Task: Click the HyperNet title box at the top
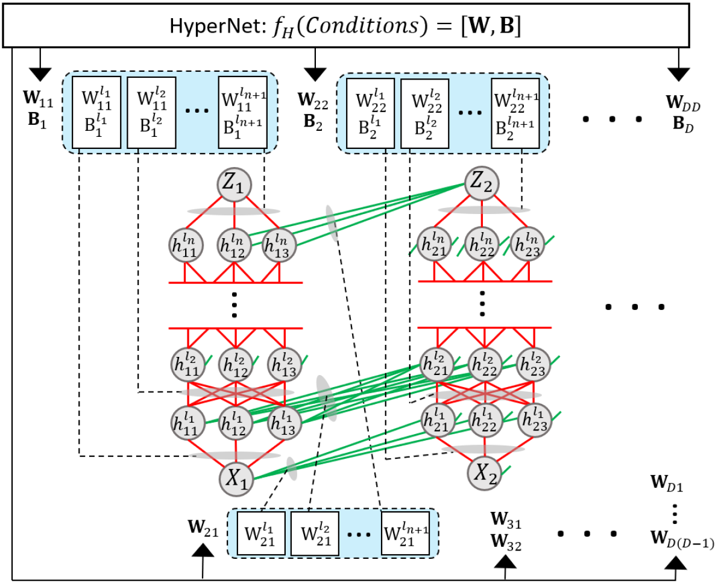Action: pyautogui.click(x=360, y=25)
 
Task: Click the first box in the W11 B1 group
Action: pyautogui.click(x=96, y=113)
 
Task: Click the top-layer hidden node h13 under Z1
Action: pyautogui.click(x=283, y=245)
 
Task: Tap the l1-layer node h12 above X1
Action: pyautogui.click(x=236, y=423)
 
